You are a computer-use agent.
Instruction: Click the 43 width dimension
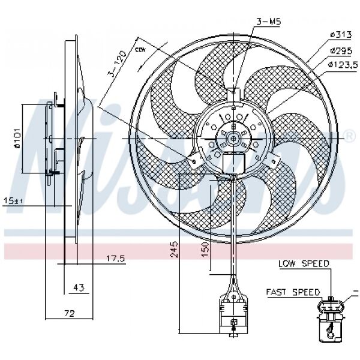pyautogui.click(x=77, y=288)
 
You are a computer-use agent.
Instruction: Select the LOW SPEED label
pyautogui.click(x=303, y=263)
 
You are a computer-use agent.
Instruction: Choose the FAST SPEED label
pyautogui.click(x=293, y=292)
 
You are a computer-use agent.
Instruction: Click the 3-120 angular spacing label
pyautogui.click(x=118, y=64)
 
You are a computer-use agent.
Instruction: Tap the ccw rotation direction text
pyautogui.click(x=142, y=49)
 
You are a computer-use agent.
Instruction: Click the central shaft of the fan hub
pyautogui.click(x=232, y=138)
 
